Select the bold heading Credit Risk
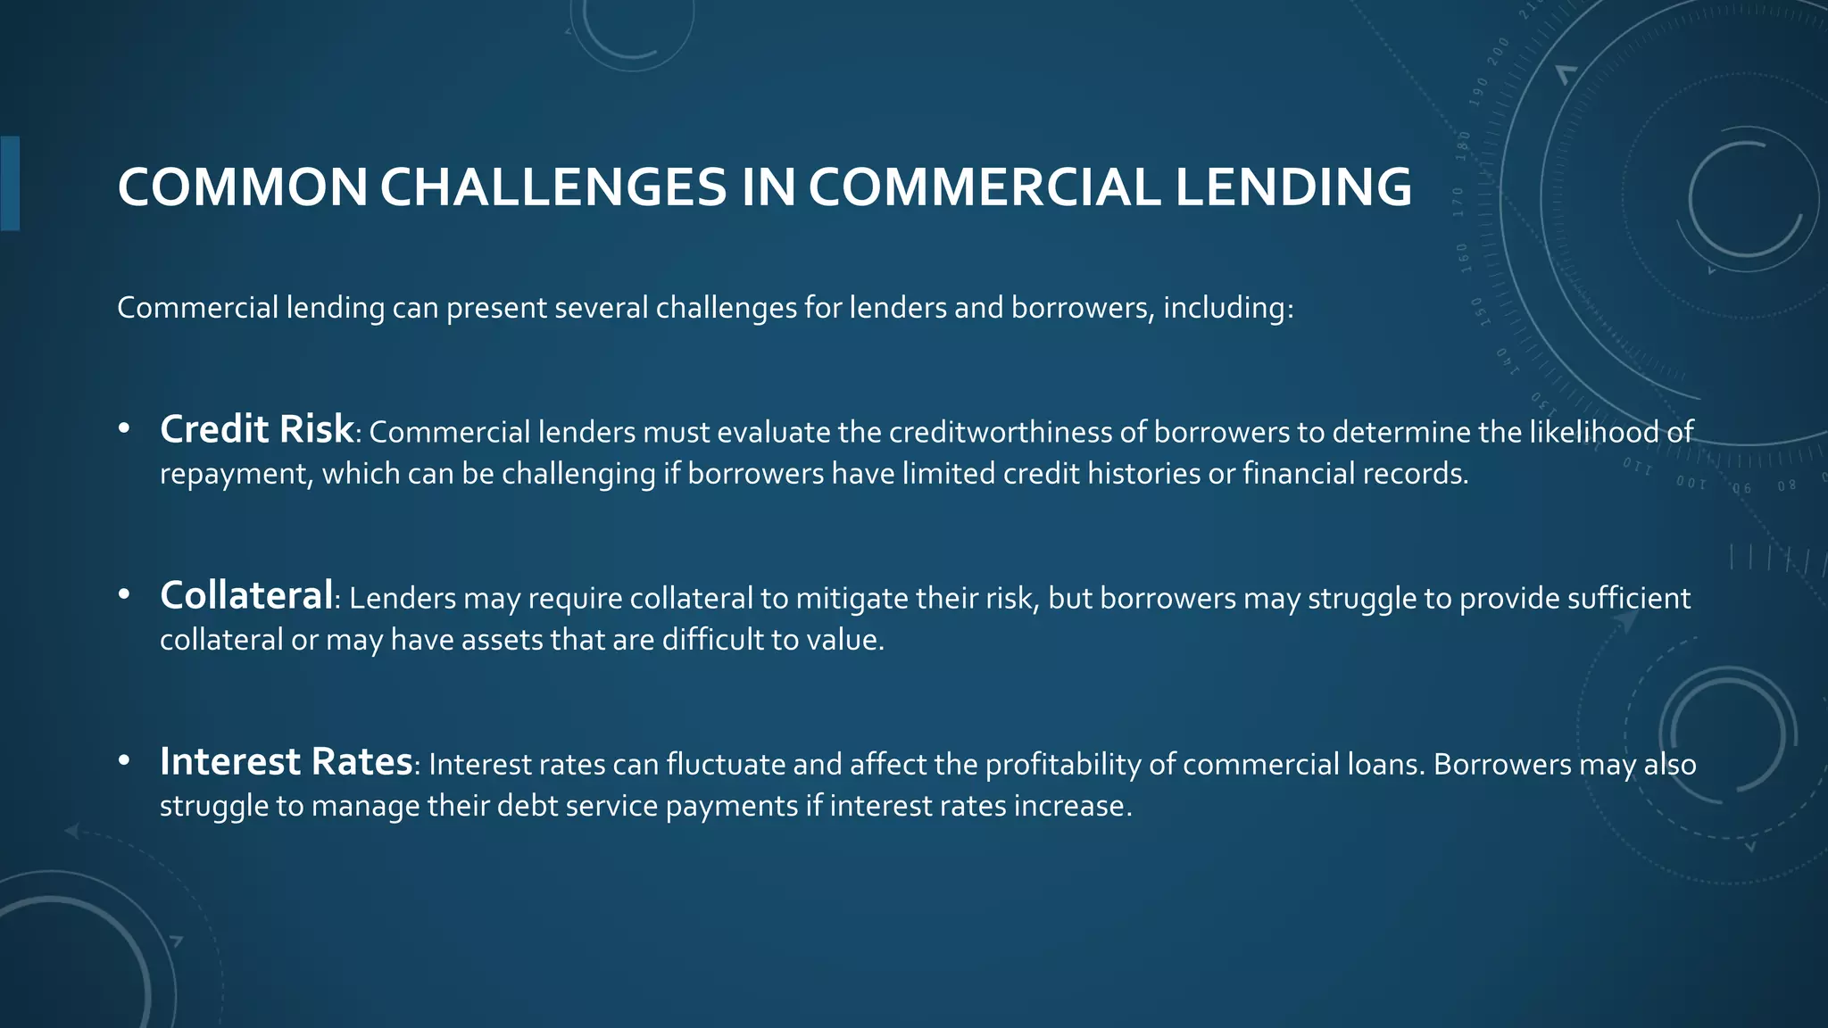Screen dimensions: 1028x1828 click(x=256, y=429)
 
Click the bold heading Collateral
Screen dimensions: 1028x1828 click(x=246, y=595)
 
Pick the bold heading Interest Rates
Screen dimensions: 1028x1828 click(x=286, y=761)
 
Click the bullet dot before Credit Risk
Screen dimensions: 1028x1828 click(x=124, y=430)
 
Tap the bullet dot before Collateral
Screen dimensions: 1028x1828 click(x=124, y=595)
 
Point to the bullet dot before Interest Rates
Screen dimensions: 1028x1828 click(x=124, y=761)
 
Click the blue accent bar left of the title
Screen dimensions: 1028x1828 click(x=10, y=183)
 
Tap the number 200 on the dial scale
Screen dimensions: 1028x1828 click(x=1498, y=51)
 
